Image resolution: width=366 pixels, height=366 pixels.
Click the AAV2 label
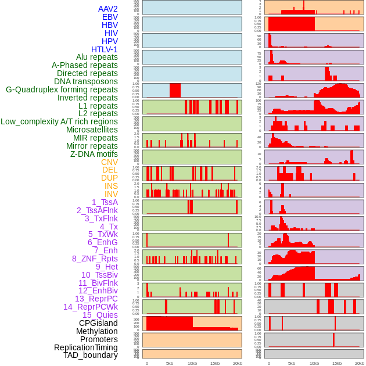(x=107, y=9)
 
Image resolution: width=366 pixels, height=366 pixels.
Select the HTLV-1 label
(x=104, y=49)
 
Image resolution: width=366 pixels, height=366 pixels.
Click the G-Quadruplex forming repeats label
(x=62, y=89)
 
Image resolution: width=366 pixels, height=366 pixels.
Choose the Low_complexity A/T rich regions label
(x=59, y=121)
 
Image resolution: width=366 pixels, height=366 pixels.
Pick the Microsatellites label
(x=92, y=130)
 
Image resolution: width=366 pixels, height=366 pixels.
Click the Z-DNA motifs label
(x=94, y=154)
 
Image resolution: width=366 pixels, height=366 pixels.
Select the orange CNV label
(x=109, y=162)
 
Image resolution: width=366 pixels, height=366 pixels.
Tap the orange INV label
(x=111, y=194)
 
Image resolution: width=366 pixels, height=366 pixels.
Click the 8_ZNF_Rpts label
(x=95, y=259)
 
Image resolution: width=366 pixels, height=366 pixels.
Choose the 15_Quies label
(x=100, y=315)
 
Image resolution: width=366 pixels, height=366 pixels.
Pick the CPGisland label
(x=98, y=323)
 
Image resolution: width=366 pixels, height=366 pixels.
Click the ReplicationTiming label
(x=85, y=347)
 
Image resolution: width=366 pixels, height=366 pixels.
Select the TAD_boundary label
(x=90, y=355)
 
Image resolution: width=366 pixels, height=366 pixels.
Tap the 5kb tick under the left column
(x=170, y=363)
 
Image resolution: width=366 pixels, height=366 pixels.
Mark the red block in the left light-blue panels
(x=175, y=91)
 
